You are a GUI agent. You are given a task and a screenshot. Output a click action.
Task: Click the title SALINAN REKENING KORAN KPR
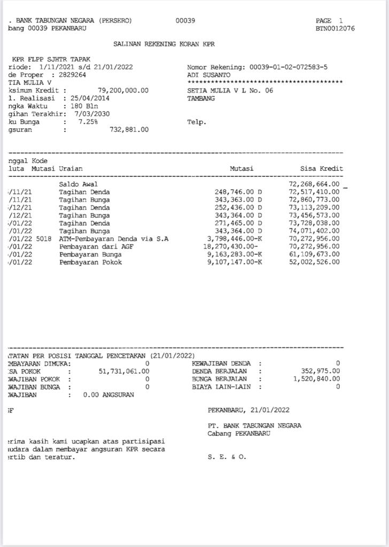coord(164,44)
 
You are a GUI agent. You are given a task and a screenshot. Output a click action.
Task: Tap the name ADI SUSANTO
coord(209,75)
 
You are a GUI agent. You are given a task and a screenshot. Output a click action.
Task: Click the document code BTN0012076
coord(335,28)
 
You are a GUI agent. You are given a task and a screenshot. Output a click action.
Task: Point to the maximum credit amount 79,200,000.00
coord(123,90)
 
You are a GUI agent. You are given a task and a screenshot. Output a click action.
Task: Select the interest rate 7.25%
coord(88,122)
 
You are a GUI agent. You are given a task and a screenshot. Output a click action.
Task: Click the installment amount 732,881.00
coord(129,130)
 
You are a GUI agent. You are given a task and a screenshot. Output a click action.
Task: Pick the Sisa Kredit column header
coord(322,169)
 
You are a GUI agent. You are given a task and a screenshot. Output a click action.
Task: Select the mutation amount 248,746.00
coord(236,192)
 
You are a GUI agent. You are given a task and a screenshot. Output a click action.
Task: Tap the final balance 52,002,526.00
coord(314,262)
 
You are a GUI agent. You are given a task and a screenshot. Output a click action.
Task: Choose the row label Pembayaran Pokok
coord(90,262)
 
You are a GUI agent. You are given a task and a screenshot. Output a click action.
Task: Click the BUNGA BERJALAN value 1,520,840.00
coord(316,379)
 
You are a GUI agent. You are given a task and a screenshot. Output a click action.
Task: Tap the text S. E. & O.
coord(227,457)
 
